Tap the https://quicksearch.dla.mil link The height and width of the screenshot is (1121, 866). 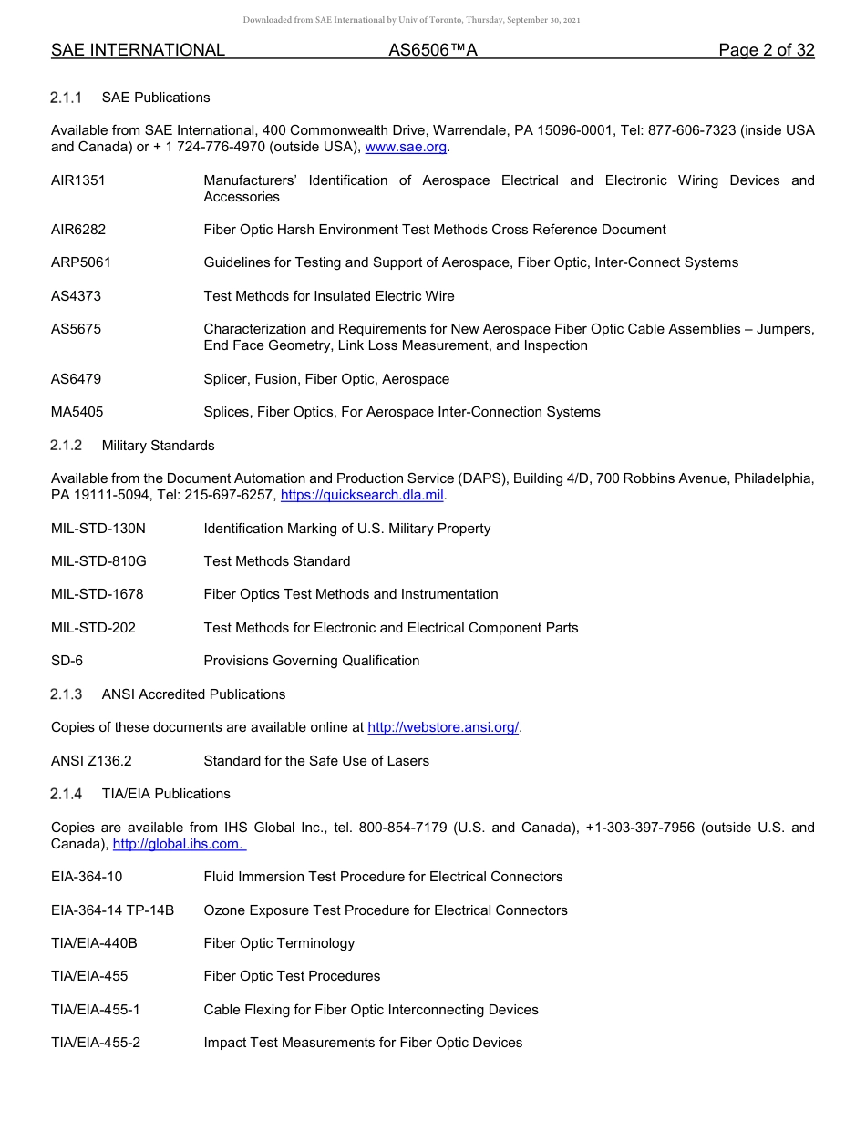(x=362, y=496)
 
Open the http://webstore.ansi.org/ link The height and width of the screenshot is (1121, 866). (x=442, y=727)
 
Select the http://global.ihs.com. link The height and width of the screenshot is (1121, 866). (x=178, y=845)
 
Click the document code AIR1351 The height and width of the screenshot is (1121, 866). (x=78, y=180)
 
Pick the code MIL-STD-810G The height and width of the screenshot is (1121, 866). (x=98, y=561)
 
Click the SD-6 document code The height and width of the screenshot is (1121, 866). (x=67, y=661)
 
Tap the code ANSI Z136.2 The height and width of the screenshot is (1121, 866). (x=91, y=761)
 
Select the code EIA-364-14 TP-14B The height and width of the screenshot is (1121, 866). (x=112, y=910)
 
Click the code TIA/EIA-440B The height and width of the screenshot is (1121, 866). (x=94, y=943)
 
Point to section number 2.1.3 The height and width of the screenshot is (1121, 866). (x=67, y=694)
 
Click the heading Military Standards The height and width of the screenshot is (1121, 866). (x=158, y=446)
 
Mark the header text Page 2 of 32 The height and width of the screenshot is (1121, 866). (x=766, y=51)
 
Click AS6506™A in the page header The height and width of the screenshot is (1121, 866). (x=433, y=51)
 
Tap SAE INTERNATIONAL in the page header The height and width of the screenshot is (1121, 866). (x=138, y=51)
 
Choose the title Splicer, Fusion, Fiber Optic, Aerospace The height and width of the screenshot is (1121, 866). (x=326, y=379)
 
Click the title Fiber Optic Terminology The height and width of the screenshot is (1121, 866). (x=279, y=943)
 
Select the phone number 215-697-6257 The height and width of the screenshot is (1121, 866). (x=232, y=496)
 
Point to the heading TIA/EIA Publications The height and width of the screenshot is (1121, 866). (x=166, y=794)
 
